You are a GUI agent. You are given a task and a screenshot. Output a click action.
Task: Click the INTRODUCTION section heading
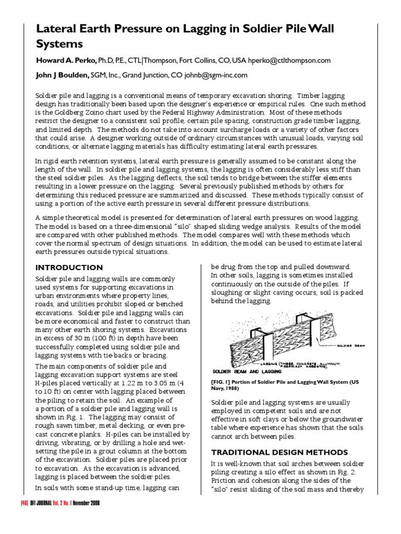coord(68,268)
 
